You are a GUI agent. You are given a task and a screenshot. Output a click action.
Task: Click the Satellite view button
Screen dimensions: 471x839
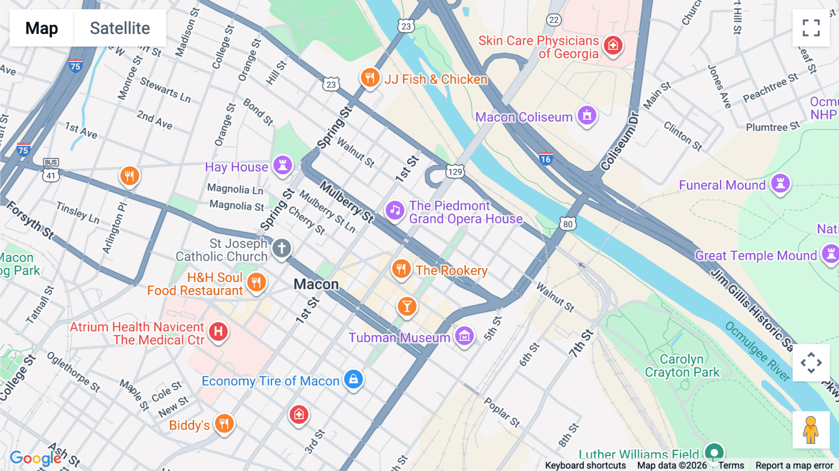click(x=120, y=28)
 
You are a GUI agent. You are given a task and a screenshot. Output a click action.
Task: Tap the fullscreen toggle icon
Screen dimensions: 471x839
click(x=811, y=28)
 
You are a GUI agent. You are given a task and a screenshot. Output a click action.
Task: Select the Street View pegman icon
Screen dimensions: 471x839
click(x=811, y=430)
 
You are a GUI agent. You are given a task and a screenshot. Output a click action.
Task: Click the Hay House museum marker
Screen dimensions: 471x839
click(x=282, y=165)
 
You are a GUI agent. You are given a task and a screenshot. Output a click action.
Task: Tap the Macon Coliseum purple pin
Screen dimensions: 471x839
click(x=587, y=115)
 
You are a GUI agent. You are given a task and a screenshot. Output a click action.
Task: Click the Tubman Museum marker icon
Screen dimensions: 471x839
click(x=464, y=336)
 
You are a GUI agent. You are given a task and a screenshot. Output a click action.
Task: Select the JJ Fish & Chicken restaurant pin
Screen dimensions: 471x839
click(x=370, y=77)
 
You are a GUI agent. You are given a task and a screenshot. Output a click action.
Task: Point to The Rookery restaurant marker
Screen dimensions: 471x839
click(x=401, y=269)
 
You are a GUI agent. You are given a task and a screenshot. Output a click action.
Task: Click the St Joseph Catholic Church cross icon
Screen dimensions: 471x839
click(x=282, y=248)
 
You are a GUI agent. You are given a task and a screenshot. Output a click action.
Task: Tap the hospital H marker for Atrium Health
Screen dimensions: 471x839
click(x=218, y=332)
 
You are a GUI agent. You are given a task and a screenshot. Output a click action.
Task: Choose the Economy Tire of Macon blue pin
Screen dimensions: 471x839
click(x=353, y=379)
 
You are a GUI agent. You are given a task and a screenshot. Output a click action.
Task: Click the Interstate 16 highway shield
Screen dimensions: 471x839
click(x=546, y=159)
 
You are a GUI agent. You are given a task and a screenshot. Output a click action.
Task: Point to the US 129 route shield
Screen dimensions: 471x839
click(x=455, y=172)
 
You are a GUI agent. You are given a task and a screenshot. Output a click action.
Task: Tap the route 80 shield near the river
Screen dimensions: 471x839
click(x=568, y=224)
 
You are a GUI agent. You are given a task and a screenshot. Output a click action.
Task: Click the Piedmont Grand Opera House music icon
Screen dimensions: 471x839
click(x=395, y=210)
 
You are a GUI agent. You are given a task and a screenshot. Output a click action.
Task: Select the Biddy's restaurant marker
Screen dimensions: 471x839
click(x=224, y=423)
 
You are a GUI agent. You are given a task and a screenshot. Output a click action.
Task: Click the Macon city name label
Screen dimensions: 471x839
click(x=316, y=284)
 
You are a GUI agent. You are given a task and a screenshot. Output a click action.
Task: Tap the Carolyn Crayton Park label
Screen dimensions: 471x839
click(x=682, y=366)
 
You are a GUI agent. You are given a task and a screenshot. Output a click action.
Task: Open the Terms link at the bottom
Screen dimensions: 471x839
click(x=731, y=465)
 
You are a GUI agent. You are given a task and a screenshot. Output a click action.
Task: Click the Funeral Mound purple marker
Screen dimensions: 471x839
click(x=780, y=183)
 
